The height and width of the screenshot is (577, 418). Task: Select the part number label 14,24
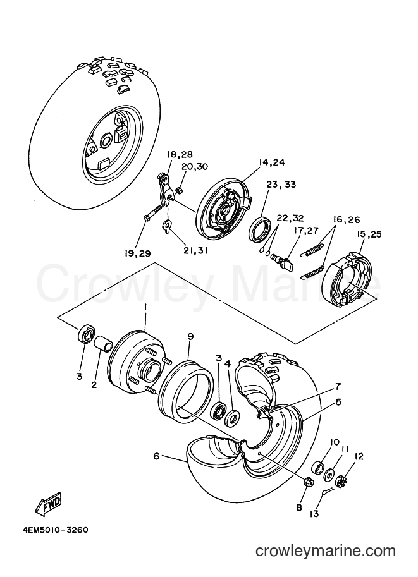point(272,162)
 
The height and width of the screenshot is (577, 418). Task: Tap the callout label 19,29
point(137,253)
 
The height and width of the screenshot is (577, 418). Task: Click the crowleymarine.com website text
point(326,551)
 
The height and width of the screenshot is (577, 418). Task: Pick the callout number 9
point(190,336)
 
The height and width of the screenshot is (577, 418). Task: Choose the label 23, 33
point(281,185)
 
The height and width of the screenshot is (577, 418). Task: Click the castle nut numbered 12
point(341,480)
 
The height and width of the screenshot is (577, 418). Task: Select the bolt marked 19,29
point(152,214)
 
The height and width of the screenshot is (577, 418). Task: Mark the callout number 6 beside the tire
point(157,456)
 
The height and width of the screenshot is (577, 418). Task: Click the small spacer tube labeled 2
point(104,344)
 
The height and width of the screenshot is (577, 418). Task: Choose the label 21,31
point(196,250)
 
